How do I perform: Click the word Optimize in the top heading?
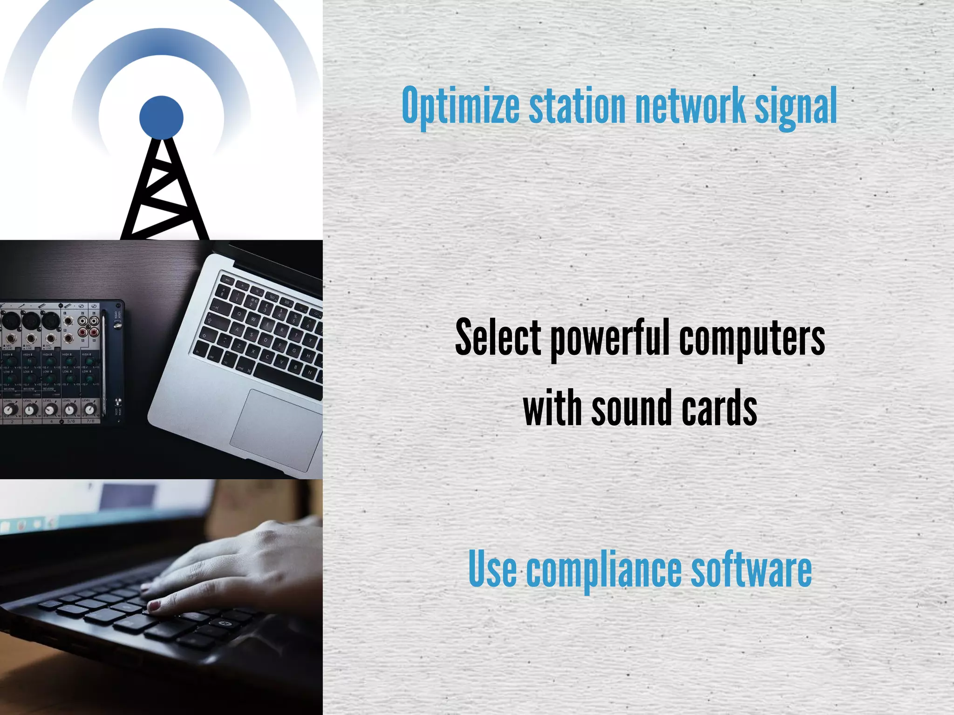[460, 106]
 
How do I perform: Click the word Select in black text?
[498, 337]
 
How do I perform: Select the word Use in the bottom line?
[492, 569]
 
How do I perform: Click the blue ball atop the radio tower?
[161, 117]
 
